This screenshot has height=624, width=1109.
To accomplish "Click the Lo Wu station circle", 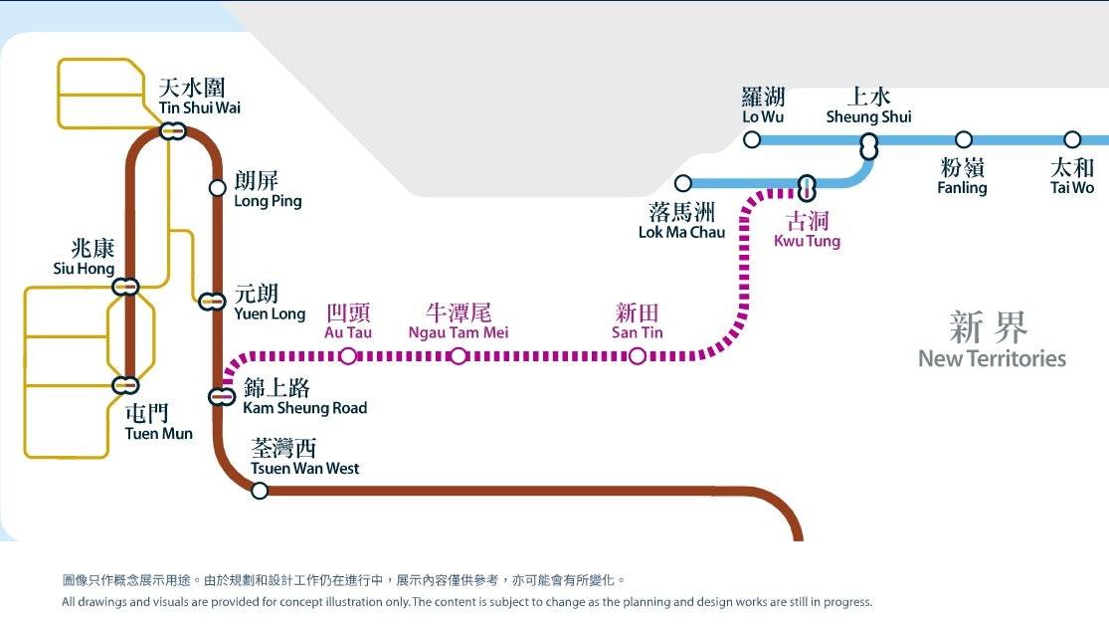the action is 752,140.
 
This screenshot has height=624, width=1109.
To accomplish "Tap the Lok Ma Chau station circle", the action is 682,184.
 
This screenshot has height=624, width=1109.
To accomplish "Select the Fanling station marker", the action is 964,140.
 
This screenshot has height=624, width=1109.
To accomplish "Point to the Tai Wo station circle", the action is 1072,140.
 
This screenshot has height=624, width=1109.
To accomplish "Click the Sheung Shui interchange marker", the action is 869,147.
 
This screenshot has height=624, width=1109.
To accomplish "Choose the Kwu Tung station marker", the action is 807,189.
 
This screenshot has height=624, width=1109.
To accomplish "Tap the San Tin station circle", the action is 638,356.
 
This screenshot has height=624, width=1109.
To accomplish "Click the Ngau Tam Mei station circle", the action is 459,356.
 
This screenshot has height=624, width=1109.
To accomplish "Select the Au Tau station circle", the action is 348,356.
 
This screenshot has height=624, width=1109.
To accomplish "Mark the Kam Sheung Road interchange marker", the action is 222,396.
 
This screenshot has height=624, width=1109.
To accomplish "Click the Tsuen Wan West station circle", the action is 260,491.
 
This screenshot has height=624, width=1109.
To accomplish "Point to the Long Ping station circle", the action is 217,188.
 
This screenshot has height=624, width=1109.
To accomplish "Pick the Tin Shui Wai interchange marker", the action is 173,131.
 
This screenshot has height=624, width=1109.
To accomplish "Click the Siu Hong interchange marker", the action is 126,287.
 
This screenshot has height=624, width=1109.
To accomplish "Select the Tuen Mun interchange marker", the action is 126,385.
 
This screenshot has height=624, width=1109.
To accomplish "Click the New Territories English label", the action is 993,358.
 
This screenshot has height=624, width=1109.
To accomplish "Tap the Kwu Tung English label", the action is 807,241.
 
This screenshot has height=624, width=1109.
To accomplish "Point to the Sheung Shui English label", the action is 868,117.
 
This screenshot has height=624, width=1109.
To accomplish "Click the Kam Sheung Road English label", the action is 304,408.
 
